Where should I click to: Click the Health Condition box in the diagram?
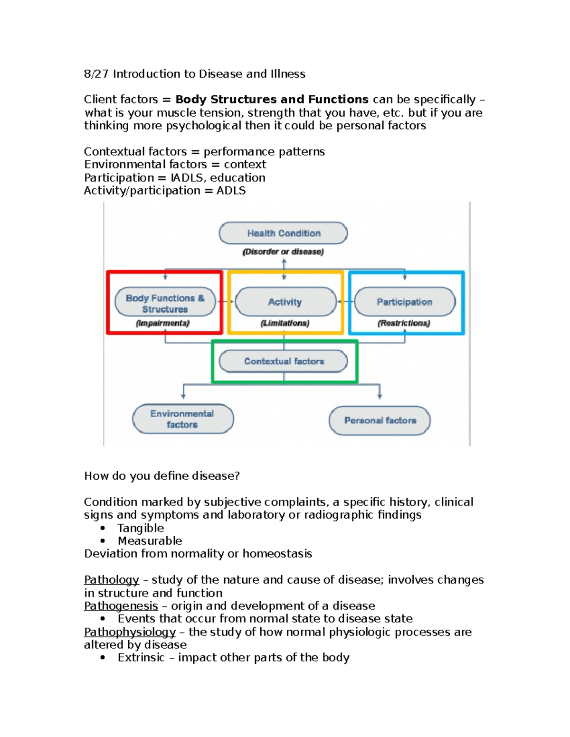click(x=283, y=233)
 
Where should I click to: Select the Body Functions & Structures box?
click(x=165, y=303)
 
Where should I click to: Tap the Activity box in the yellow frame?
click(x=285, y=302)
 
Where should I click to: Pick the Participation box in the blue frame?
click(x=405, y=302)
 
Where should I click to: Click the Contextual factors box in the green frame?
click(x=284, y=361)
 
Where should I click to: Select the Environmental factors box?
click(x=182, y=419)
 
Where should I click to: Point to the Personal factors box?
click(x=380, y=420)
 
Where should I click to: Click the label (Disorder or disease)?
click(x=283, y=252)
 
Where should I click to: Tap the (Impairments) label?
click(x=163, y=324)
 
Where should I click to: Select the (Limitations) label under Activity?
click(x=285, y=324)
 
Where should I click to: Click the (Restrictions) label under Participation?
click(x=404, y=324)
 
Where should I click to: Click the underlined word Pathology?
click(x=112, y=580)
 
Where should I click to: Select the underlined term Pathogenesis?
click(x=121, y=606)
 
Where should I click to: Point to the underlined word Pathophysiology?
click(x=130, y=632)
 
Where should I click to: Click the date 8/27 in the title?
click(x=96, y=74)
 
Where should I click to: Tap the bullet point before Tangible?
click(x=103, y=528)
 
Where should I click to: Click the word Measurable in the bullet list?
click(x=150, y=541)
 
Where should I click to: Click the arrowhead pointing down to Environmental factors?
click(x=183, y=395)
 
